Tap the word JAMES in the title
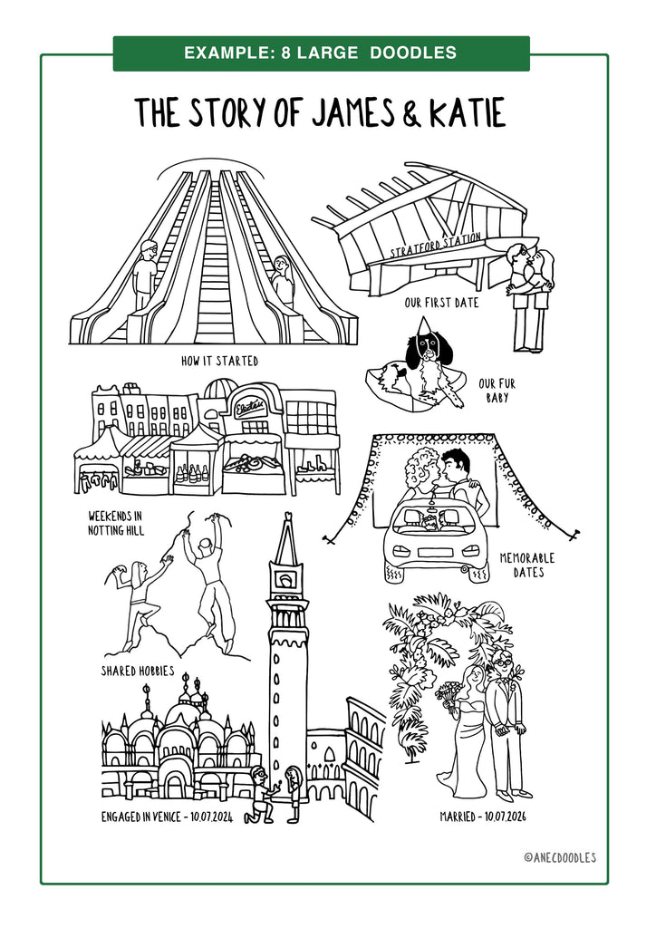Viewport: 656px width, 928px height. tap(353, 112)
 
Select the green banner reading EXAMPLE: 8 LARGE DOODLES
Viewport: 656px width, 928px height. tap(321, 53)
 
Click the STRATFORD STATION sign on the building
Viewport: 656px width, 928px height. tap(435, 246)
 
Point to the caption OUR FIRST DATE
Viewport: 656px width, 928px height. tap(442, 303)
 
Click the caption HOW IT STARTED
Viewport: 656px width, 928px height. tap(219, 361)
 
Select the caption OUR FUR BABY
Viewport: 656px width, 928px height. tap(497, 391)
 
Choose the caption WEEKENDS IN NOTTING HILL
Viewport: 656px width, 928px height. tap(116, 523)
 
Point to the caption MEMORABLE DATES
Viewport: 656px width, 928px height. tap(527, 565)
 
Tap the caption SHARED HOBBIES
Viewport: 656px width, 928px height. tap(138, 671)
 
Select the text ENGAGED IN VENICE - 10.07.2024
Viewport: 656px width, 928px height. tap(167, 817)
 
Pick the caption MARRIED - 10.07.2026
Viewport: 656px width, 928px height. tap(483, 817)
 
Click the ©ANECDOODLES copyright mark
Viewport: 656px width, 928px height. tap(560, 857)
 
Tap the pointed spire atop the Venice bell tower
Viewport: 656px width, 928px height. tap(288, 536)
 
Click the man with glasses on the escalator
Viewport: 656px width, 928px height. tap(144, 275)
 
